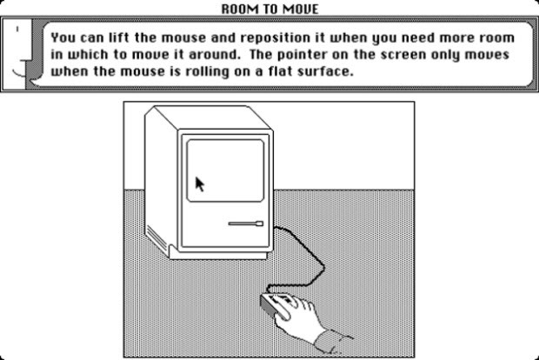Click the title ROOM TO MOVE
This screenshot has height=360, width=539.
pos(269,9)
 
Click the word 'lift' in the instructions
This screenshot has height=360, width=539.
pos(120,37)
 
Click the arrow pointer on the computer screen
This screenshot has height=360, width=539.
pos(199,184)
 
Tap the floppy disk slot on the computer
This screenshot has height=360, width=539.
pos(246,223)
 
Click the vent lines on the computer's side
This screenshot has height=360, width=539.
pos(156,237)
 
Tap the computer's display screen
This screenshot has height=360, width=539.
pos(225,170)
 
